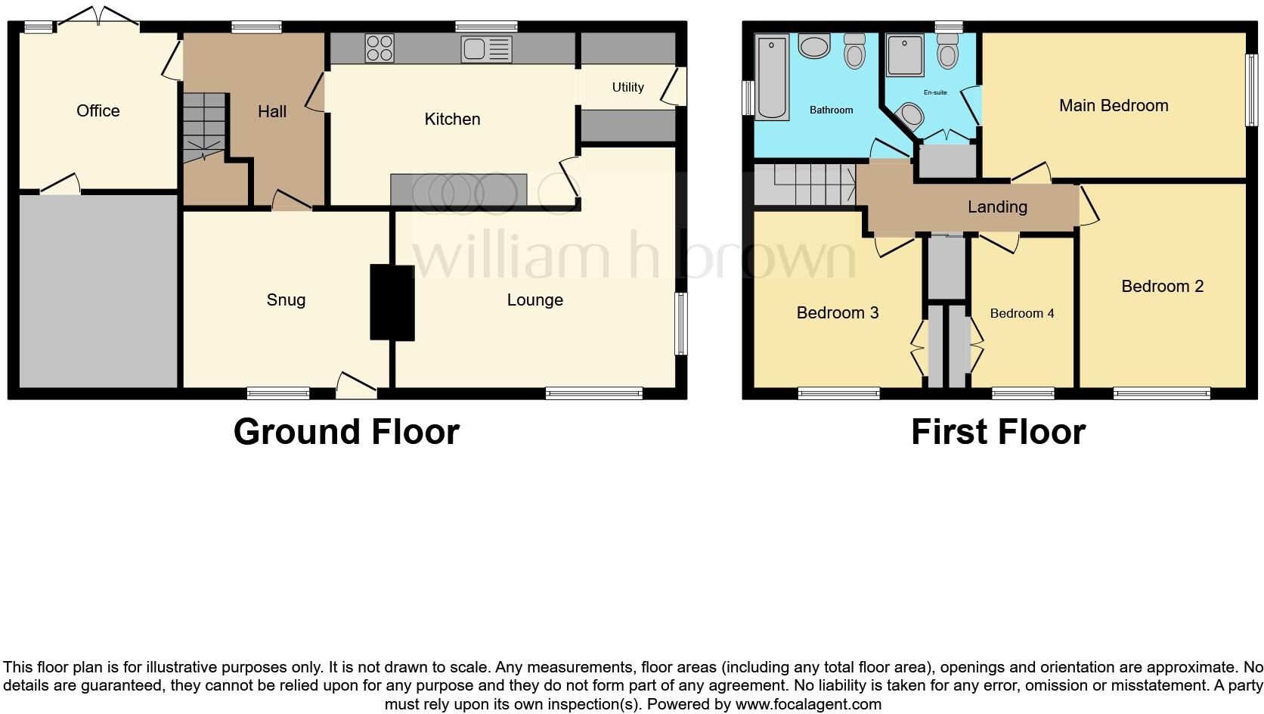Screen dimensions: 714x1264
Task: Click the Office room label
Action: click(x=98, y=110)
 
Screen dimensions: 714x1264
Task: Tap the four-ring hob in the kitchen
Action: click(x=380, y=48)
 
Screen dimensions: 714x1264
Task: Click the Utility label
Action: click(x=627, y=87)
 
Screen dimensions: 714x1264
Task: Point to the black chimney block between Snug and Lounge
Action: click(x=392, y=302)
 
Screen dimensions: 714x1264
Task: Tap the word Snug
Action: click(x=286, y=300)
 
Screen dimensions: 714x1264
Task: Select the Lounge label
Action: click(x=534, y=300)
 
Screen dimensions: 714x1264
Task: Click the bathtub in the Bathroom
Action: click(x=772, y=76)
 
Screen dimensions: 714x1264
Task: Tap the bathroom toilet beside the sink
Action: click(x=854, y=51)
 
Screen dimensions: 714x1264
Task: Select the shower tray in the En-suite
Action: click(x=905, y=54)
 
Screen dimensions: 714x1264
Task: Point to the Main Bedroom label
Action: click(x=1113, y=105)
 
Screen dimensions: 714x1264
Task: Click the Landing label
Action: click(x=997, y=206)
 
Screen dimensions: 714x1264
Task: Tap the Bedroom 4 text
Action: click(x=1021, y=313)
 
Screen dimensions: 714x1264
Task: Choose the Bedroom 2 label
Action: click(x=1162, y=286)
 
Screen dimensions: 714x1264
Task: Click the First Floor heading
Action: click(x=998, y=432)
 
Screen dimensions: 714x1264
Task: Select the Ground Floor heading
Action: click(x=346, y=432)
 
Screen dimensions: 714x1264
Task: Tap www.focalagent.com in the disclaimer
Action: click(x=807, y=704)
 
